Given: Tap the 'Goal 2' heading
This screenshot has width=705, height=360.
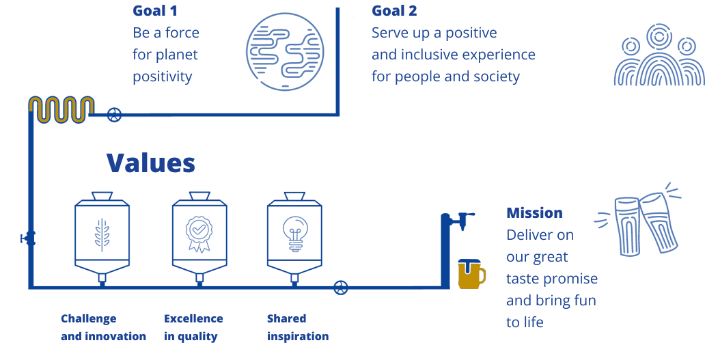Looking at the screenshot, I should tap(393, 11).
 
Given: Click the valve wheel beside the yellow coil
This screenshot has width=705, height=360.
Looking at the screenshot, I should tap(115, 115).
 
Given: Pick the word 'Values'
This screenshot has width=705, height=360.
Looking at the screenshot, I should tap(150, 164).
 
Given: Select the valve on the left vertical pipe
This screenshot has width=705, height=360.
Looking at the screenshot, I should tap(29, 239).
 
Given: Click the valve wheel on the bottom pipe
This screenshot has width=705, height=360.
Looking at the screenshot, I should tap(340, 288).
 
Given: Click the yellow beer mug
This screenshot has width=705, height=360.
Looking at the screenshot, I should tap(471, 273).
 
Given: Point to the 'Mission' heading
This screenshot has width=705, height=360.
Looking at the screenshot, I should tap(534, 213).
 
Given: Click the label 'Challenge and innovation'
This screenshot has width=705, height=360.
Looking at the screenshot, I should tap(103, 327).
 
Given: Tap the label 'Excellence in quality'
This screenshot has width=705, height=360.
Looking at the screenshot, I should tap(193, 327).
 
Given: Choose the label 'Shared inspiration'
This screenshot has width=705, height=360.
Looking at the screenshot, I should tap(297, 327).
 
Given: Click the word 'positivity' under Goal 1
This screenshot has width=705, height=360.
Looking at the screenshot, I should tap(163, 77).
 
